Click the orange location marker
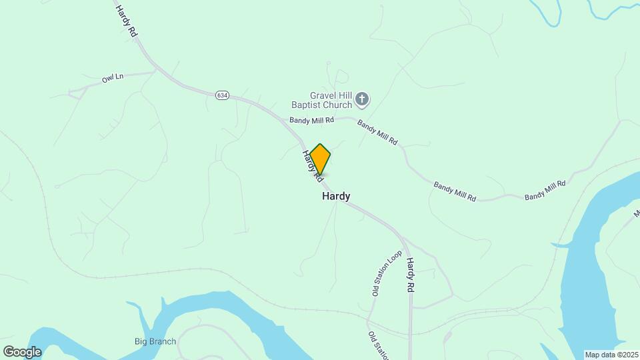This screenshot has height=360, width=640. point(320,159)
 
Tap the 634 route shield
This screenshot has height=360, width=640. point(223,96)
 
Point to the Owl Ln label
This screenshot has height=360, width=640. point(113,79)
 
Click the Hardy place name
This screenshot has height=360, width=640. point(336,196)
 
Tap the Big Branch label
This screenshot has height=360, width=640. point(155,342)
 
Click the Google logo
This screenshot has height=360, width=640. point(22,352)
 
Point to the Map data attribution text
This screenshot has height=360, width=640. point(611,355)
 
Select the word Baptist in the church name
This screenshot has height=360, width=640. point(307,104)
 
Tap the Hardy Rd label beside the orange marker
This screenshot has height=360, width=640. point(310,166)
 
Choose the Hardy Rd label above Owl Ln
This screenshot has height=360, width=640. point(126,21)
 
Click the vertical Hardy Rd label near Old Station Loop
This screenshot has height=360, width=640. point(411,275)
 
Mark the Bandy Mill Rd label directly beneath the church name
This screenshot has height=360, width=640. point(311,120)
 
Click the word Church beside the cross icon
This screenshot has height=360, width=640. point(339,104)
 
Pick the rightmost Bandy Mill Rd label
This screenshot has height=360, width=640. point(545,190)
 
